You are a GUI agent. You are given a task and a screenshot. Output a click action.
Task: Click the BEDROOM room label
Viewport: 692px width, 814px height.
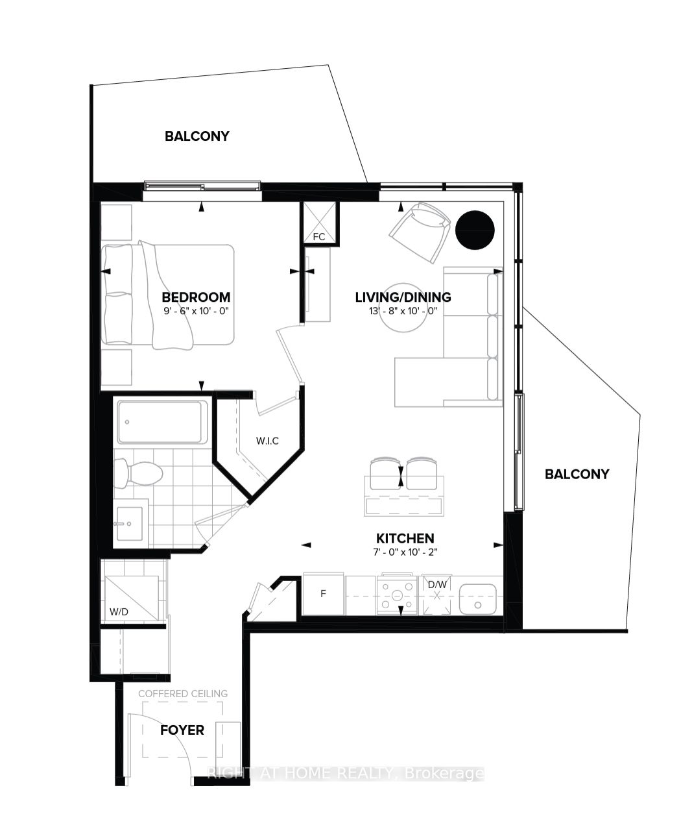pyautogui.click(x=196, y=297)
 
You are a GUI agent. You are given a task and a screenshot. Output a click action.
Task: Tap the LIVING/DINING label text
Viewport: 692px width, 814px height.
pyautogui.click(x=403, y=297)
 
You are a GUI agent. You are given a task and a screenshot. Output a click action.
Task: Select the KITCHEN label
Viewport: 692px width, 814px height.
pyautogui.click(x=405, y=538)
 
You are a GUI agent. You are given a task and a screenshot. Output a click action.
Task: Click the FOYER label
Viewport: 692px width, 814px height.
pyautogui.click(x=182, y=730)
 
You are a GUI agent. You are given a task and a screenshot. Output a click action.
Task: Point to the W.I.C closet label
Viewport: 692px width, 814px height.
pyautogui.click(x=267, y=441)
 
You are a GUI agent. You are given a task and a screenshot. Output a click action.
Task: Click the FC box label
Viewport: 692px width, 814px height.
pyautogui.click(x=318, y=237)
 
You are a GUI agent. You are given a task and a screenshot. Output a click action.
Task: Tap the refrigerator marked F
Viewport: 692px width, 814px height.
pyautogui.click(x=324, y=593)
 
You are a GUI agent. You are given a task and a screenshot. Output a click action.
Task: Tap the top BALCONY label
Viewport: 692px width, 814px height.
pyautogui.click(x=197, y=136)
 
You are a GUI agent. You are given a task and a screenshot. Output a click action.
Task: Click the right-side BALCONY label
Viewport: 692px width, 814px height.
pyautogui.click(x=577, y=474)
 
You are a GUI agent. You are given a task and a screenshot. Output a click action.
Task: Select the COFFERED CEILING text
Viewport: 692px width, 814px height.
pyautogui.click(x=183, y=693)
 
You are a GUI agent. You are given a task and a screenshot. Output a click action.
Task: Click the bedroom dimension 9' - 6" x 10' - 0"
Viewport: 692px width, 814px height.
pyautogui.click(x=196, y=311)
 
